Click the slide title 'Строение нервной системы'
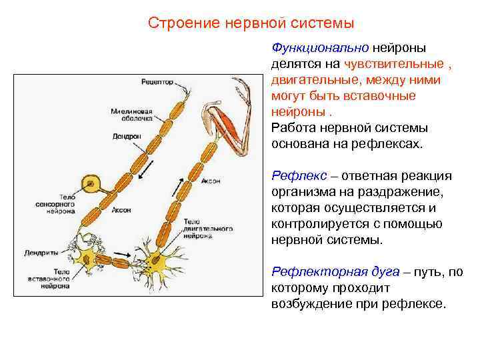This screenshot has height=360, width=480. pos(251,23)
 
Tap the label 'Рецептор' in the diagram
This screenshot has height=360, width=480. pos(157,82)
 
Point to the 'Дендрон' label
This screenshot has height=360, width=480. pos(127,136)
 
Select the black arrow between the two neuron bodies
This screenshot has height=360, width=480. pos(121,256)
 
